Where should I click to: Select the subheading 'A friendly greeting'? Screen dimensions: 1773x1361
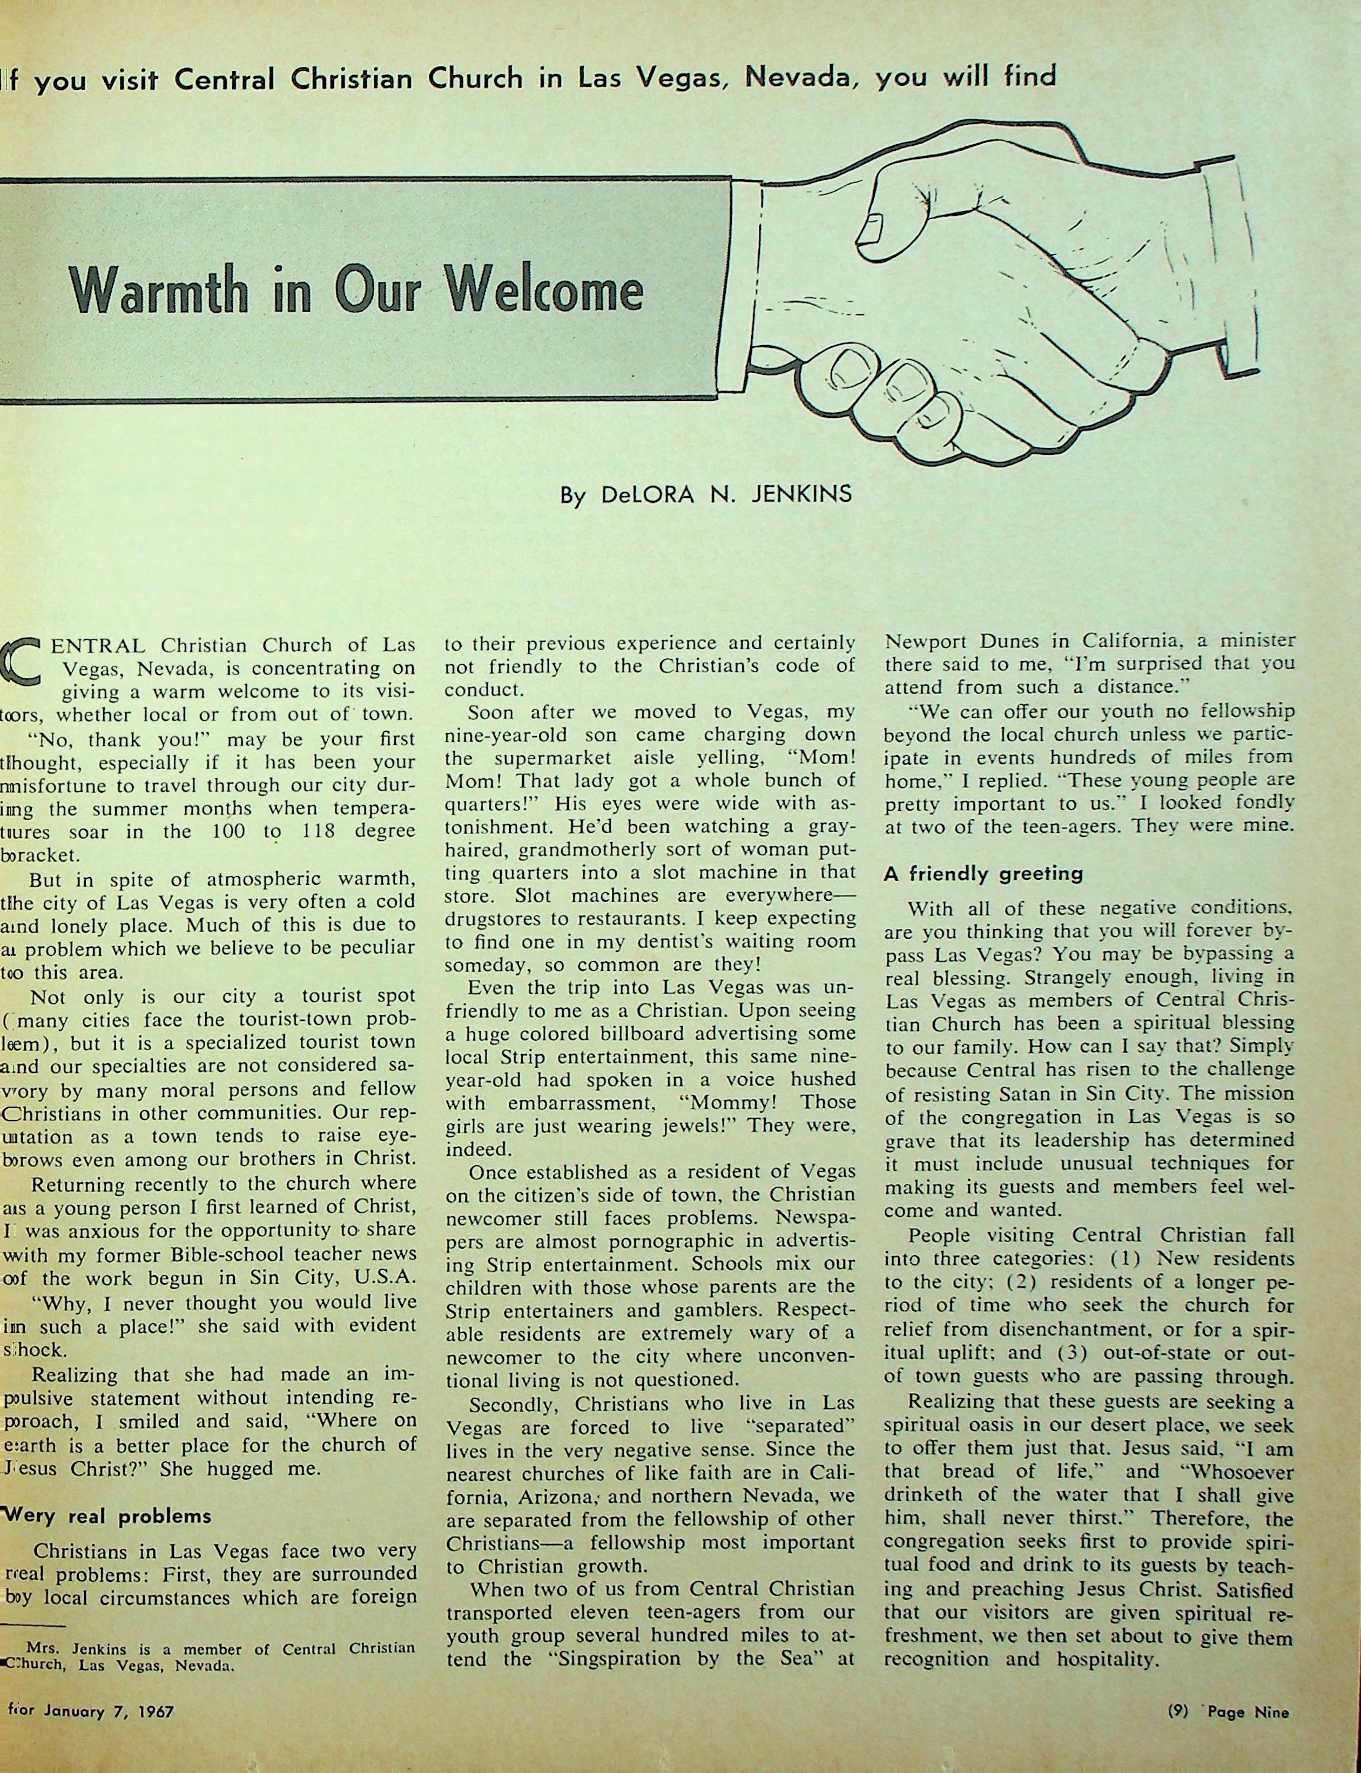point(983,874)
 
